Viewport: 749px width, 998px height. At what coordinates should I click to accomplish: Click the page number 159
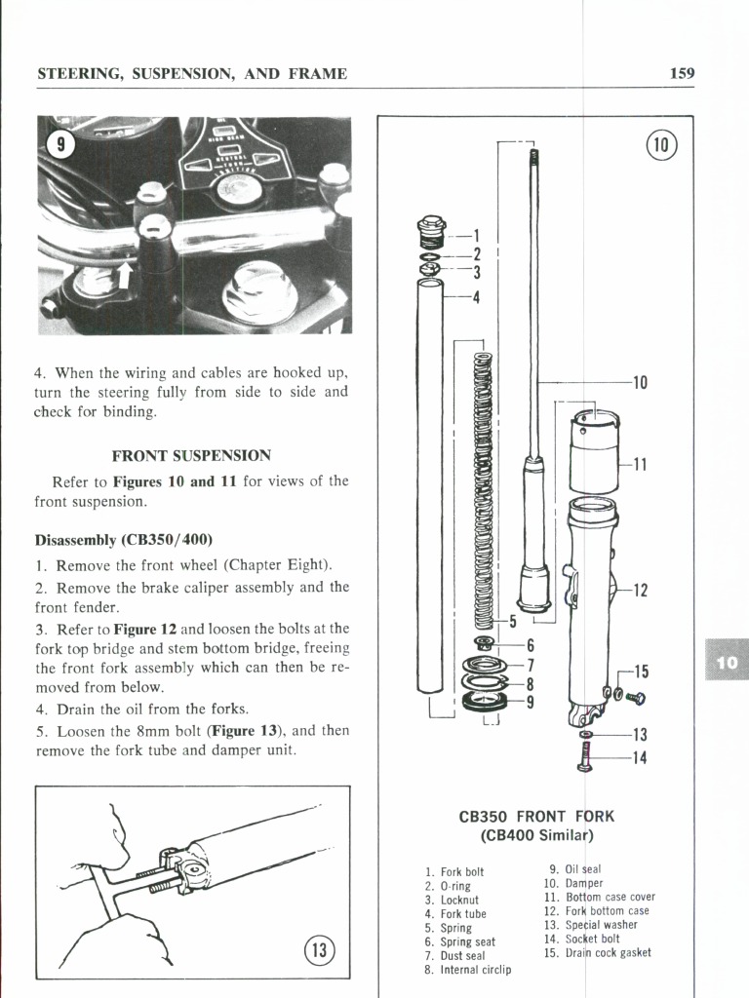(682, 73)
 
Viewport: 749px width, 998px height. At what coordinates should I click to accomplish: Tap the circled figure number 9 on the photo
(61, 144)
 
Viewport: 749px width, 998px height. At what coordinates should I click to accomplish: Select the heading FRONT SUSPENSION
(191, 455)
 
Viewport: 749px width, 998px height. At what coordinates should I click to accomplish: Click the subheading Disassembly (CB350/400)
(123, 539)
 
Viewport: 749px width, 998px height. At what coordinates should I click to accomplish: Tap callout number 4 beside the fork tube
(476, 298)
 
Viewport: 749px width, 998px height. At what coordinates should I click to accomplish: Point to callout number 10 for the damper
(640, 383)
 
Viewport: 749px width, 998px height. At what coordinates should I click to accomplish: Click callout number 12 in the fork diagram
(640, 590)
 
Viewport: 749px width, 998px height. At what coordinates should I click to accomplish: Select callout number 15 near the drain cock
(640, 672)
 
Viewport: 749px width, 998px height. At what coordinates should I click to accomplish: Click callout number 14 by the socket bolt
(640, 759)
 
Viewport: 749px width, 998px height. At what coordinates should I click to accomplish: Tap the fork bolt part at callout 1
(430, 234)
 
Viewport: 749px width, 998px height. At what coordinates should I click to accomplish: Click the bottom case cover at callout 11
(594, 447)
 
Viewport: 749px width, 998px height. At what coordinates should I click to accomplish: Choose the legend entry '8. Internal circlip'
(468, 970)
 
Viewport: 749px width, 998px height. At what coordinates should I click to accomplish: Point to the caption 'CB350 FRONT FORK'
(537, 816)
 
